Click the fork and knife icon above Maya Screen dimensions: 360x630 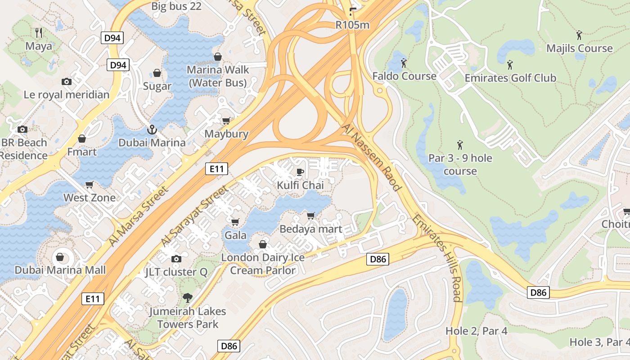click(39, 32)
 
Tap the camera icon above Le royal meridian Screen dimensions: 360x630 click(67, 81)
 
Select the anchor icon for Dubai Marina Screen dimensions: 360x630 click(152, 130)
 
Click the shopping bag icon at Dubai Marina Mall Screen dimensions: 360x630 click(60, 257)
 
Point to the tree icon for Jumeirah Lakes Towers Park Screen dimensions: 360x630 click(187, 297)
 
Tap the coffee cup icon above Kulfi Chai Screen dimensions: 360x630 click(300, 172)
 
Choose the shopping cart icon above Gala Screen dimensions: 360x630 click(235, 222)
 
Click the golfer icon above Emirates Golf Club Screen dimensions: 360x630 click(510, 65)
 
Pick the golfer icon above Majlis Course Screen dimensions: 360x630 click(579, 35)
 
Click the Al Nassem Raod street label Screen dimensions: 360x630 click(371, 157)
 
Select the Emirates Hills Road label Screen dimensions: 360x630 click(437, 258)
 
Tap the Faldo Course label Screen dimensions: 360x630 click(404, 76)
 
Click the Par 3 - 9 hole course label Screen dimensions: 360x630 click(460, 165)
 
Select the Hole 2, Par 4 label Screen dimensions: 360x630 click(476, 331)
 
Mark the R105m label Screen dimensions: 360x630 click(352, 25)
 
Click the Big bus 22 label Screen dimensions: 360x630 click(176, 6)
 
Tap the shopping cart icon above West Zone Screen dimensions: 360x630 click(90, 185)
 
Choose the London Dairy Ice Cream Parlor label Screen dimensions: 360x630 click(263, 264)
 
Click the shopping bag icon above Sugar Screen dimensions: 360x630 click(157, 73)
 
